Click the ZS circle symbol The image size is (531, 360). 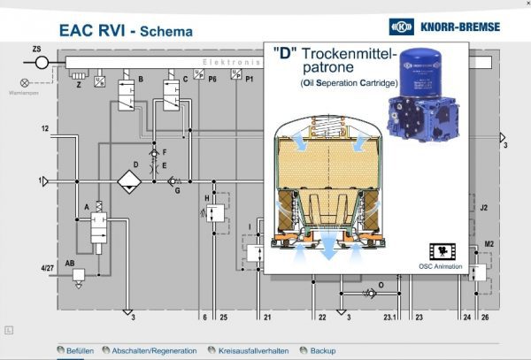pyautogui.click(x=42, y=64)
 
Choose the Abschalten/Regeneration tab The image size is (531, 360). pyautogui.click(x=150, y=350)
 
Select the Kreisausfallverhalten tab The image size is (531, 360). pyautogui.click(x=247, y=350)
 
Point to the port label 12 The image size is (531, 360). pyautogui.click(x=44, y=130)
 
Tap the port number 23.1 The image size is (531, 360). pyautogui.click(x=389, y=317)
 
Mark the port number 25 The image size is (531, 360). pyautogui.click(x=224, y=317)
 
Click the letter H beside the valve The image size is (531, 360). pyautogui.click(x=206, y=198)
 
